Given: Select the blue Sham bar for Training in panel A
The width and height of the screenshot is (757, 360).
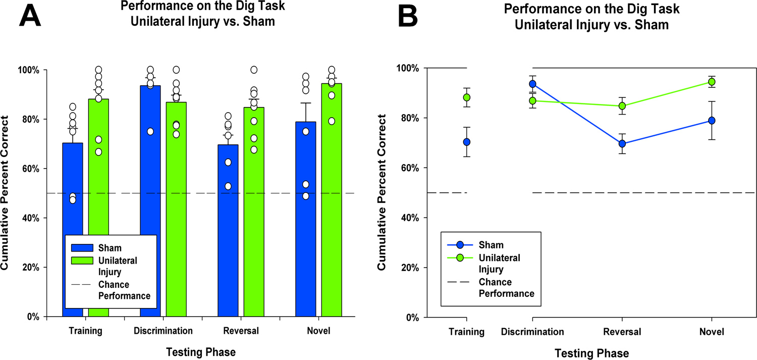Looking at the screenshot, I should click(73, 202).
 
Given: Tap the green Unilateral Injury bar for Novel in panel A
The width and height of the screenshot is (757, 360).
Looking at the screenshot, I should click(331, 202).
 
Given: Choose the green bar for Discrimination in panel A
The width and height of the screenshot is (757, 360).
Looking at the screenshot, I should click(176, 212).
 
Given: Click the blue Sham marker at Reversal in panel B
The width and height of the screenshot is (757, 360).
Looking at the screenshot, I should click(622, 144).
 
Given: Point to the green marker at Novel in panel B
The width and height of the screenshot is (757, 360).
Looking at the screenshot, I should click(712, 82).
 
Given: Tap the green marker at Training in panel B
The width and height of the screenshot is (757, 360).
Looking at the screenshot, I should click(467, 97).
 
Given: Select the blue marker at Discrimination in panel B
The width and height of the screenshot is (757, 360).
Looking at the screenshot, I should click(532, 84).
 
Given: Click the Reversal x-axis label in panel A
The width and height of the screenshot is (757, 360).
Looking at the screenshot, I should click(240, 331).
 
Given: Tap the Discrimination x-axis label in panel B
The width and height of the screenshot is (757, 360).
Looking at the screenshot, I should click(532, 332).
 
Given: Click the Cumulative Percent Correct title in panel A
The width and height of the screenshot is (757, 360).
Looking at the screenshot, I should click(9, 193).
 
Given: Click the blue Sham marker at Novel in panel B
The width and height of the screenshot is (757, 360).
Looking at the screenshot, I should click(712, 121).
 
